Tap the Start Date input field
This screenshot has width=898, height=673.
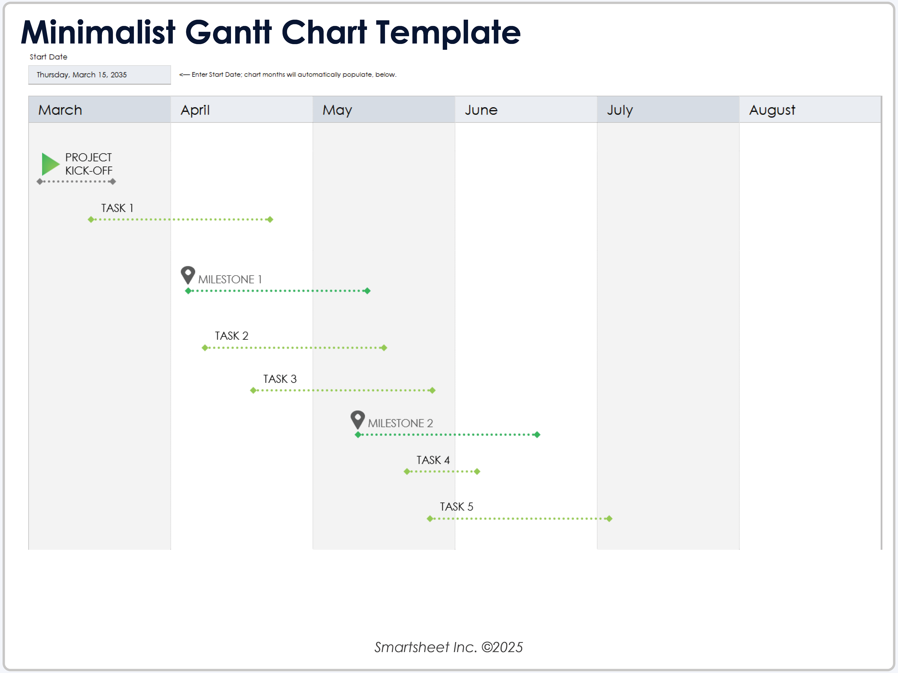99,75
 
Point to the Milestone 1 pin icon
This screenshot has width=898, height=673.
187,275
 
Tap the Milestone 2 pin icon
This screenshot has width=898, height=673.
357,419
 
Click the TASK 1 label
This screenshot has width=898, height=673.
117,208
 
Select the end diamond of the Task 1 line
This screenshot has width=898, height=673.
270,220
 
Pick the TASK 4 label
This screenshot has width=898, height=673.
433,460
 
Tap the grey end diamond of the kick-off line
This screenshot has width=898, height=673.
113,181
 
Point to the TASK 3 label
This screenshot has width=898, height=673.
280,379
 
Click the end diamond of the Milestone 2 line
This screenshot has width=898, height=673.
537,435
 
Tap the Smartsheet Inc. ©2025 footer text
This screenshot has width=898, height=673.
449,647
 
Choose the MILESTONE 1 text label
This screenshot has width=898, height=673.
230,280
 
